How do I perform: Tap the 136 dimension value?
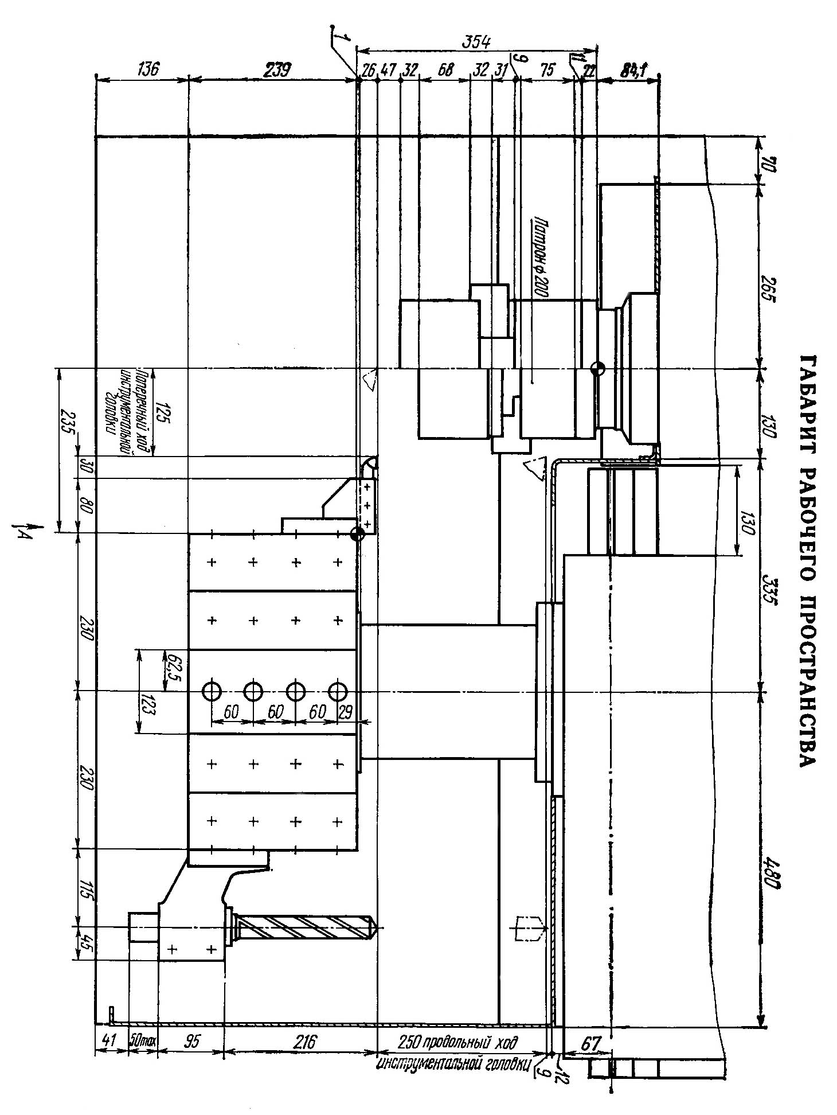coord(147,69)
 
